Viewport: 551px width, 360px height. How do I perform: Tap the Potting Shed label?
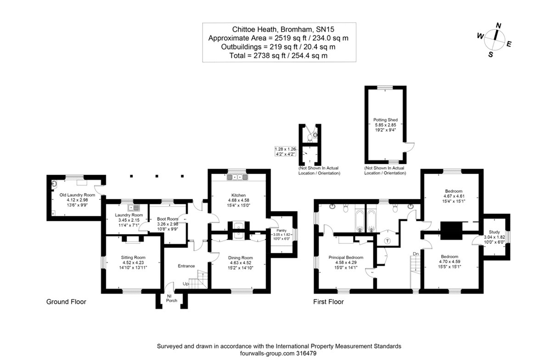coord(385,119)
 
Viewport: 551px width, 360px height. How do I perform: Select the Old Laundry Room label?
coord(74,195)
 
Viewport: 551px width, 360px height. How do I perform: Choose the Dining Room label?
coord(241,258)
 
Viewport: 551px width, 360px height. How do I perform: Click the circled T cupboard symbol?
coord(387,241)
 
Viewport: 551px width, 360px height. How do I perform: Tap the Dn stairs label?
coord(416,253)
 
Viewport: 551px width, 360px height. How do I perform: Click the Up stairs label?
coord(186,284)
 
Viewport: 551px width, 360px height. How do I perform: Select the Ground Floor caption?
coord(66,302)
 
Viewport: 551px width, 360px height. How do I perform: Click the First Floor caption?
coord(328,302)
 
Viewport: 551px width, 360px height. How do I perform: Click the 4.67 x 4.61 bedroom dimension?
coord(453,196)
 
